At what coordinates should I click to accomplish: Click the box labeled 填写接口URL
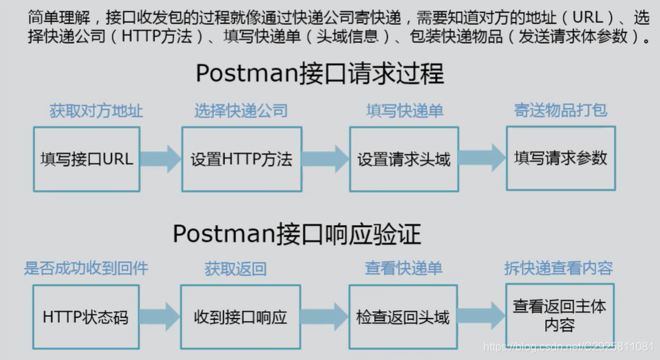[87, 159]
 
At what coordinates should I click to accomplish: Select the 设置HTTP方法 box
[242, 159]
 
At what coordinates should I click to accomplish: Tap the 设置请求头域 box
[404, 159]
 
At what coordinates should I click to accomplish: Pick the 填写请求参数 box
[561, 158]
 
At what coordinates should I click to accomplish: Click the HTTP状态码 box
[86, 317]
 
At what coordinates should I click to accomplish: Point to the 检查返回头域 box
[403, 317]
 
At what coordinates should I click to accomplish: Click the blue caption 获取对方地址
[96, 111]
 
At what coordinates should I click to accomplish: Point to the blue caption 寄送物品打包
[561, 111]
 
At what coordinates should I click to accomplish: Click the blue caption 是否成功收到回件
[86, 268]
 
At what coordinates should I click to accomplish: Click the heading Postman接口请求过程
[319, 73]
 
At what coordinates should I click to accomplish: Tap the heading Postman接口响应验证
[296, 234]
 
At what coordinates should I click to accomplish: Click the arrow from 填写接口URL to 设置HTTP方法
[161, 159]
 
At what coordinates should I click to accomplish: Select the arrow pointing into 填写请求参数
[483, 158]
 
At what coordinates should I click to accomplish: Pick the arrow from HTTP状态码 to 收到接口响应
[160, 316]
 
